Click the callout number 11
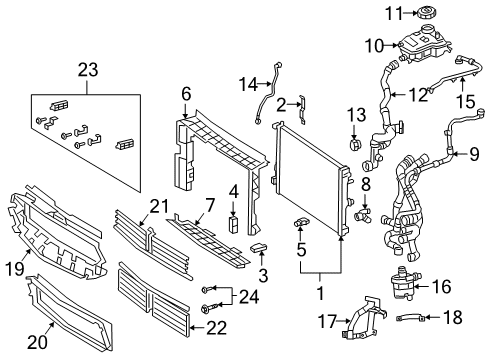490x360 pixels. point(394,13)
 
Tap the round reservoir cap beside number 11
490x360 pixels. point(427,13)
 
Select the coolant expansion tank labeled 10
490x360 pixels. point(424,45)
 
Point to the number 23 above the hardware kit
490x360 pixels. point(88,70)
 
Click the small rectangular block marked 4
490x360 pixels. point(233,223)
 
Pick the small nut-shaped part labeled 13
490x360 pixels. point(354,144)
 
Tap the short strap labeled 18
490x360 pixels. point(411,319)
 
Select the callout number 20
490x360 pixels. point(37,342)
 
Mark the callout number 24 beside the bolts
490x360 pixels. point(249,296)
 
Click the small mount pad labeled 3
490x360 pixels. point(259,248)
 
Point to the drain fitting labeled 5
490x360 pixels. point(301,223)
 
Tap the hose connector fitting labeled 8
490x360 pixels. point(362,215)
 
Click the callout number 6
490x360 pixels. point(186,93)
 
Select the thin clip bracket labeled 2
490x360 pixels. point(302,109)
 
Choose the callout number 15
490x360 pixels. point(466,101)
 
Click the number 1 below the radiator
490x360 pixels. point(320,293)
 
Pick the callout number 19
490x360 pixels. point(15,268)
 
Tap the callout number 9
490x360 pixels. point(474,154)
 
